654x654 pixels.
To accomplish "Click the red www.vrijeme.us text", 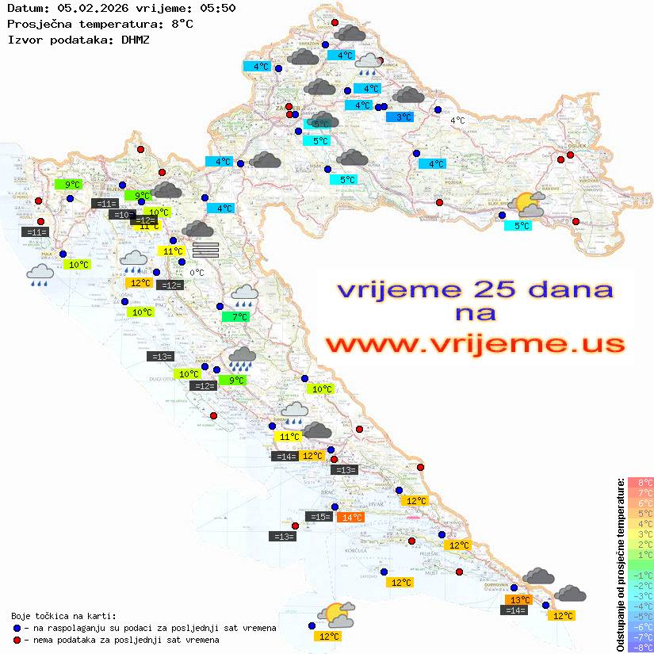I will coord(475,344).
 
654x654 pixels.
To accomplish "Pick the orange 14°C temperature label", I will coord(350,518).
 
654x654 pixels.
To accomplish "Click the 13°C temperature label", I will coord(519,600).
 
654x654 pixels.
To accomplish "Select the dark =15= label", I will coord(319,517).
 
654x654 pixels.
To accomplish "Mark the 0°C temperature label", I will coord(197,273).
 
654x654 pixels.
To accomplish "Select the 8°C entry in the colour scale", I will coord(641,482).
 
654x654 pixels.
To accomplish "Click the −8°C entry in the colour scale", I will coord(641,647).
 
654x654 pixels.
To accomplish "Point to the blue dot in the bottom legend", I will coord(17,628).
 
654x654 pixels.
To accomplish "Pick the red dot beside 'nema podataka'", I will coord(17,640).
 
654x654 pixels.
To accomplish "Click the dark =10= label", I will coord(122,215).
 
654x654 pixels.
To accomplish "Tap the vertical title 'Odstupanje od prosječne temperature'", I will coord(620,564).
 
